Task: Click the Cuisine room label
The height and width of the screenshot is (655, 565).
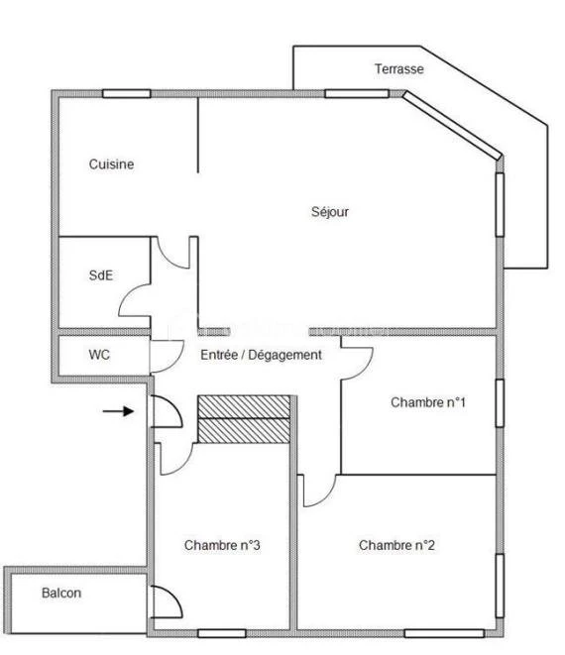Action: coord(111,164)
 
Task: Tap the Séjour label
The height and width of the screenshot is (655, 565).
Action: coord(330,212)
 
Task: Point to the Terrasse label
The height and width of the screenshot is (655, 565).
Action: coord(399,69)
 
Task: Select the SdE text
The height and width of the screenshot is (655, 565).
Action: coord(101,275)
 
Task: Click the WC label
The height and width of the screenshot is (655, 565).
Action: coord(99,355)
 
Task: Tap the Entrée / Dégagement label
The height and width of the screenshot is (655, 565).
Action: coord(261,355)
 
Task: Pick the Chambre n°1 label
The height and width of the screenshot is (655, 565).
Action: coord(428,402)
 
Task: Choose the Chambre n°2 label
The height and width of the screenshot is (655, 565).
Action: coord(396,545)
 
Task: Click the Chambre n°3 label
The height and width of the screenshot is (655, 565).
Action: coord(222,545)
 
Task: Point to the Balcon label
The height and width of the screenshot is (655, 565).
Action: coord(61,593)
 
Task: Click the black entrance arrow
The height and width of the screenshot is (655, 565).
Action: coord(118,411)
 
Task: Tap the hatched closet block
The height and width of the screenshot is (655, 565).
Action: coord(244,419)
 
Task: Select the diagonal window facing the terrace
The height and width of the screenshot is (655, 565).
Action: coord(452,125)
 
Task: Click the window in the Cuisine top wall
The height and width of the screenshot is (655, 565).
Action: coord(127,93)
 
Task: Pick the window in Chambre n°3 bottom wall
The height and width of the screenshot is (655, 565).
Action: coord(221,634)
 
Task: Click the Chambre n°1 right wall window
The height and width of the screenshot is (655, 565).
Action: coord(500,403)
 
